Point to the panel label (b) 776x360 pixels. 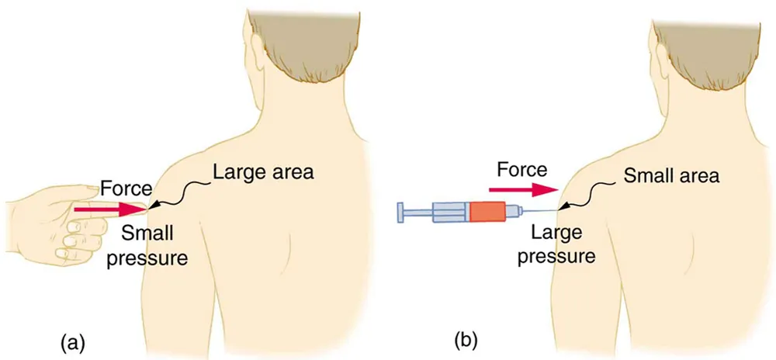[467, 340]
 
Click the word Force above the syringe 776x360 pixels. [522, 169]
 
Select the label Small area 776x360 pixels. [671, 176]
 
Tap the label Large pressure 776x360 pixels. [562, 243]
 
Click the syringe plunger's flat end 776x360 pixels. [400, 210]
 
